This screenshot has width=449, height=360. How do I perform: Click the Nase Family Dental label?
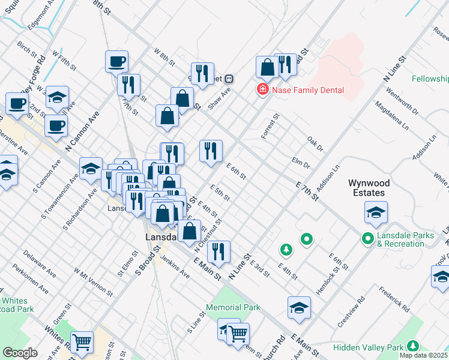pos(307,90)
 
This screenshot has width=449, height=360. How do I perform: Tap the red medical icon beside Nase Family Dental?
pos(262,90)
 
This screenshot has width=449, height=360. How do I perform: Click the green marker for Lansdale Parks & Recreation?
pos(368,239)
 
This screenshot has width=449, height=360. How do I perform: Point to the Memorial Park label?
pos(233,307)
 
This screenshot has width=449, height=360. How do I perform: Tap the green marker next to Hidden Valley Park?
pos(412,346)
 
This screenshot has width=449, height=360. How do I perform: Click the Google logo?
pos(19,353)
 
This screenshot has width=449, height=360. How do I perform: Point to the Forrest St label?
pos(271,127)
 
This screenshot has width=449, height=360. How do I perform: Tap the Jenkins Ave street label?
pos(175,266)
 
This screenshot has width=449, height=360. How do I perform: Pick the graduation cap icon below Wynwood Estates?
pos(376,212)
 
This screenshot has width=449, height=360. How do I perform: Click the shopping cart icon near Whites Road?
pos(82,343)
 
